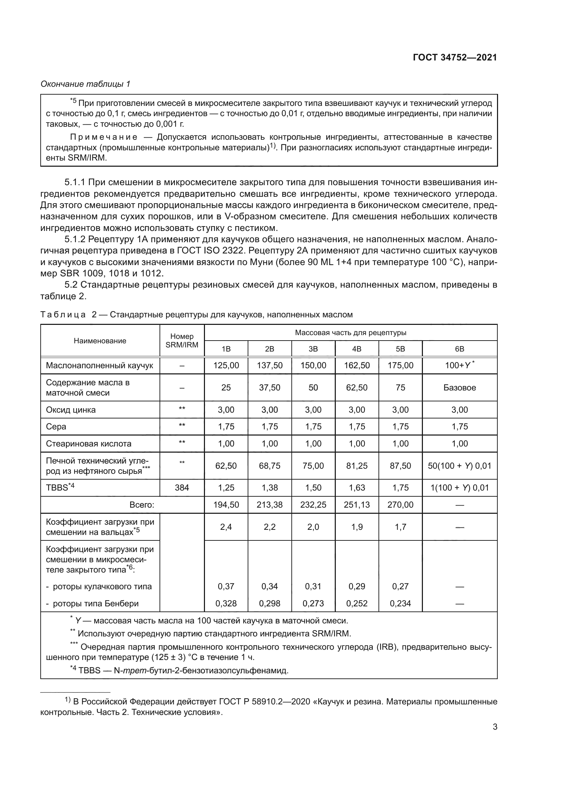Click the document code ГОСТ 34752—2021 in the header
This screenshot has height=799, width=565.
[455, 57]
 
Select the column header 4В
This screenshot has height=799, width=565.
[357, 349]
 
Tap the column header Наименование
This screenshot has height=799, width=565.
[100, 341]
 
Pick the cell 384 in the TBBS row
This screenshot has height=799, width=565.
[182, 487]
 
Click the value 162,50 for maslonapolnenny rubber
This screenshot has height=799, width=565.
[357, 366]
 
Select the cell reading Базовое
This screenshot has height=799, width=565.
[459, 388]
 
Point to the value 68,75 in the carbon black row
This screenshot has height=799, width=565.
[270, 466]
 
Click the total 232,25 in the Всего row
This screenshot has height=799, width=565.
[313, 505]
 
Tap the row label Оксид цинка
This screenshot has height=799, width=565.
[71, 410]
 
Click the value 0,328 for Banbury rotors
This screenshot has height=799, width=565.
[226, 603]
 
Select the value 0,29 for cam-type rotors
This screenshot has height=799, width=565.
[357, 587]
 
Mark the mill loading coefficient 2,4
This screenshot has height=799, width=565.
[226, 527]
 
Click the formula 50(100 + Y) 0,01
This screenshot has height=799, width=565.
[459, 466]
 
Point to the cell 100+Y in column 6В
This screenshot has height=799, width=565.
[459, 366]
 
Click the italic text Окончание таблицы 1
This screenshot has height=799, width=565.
[85, 84]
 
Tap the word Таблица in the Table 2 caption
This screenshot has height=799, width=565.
[63, 315]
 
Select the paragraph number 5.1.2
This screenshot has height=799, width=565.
[75, 239]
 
